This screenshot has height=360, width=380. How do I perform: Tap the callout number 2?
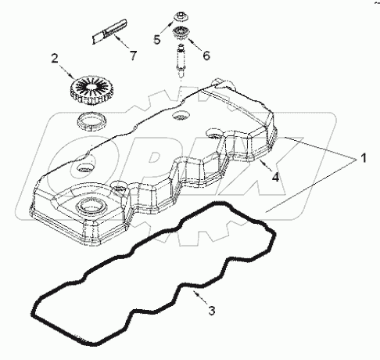point(54,59)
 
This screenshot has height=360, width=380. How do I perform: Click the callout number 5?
point(156,38)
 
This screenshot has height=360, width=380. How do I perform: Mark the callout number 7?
point(133,56)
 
